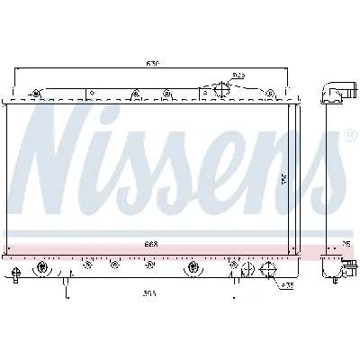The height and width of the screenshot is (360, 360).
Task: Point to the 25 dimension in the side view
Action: (x=346, y=243)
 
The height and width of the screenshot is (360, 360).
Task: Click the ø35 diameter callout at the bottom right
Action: (x=287, y=286)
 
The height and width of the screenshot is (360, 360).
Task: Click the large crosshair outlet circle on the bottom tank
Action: (x=193, y=267)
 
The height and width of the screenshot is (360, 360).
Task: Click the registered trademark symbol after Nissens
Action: (x=350, y=137)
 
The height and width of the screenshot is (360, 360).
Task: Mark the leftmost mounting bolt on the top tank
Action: (x=35, y=94)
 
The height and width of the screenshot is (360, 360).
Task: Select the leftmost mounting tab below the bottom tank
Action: (x=19, y=274)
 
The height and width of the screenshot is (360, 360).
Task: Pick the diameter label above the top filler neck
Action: (x=238, y=76)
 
